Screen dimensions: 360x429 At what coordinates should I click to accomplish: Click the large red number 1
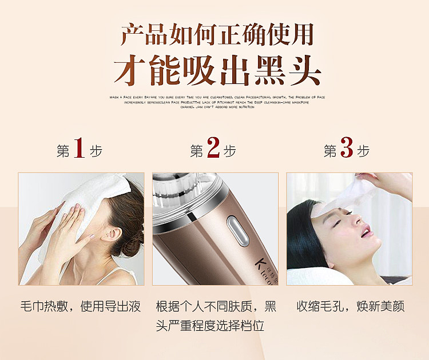pos(80,150)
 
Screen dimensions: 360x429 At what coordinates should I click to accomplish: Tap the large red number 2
pos(213,150)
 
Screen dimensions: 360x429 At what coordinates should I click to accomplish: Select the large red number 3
pos(347,150)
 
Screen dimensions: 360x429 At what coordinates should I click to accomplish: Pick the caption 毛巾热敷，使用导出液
pos(80,306)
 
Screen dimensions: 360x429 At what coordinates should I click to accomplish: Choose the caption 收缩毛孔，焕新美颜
pos(350,306)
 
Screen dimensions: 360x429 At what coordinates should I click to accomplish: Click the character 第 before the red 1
pos(63,151)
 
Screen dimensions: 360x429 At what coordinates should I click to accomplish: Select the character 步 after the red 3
pos(363,151)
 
